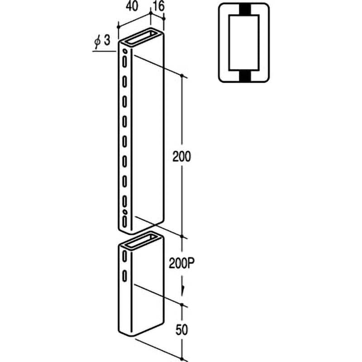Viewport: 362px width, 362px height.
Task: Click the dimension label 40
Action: [132, 6]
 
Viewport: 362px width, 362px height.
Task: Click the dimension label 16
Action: [159, 6]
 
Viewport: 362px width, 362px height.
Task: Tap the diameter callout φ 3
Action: [102, 41]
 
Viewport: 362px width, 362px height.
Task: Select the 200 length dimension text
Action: [182, 157]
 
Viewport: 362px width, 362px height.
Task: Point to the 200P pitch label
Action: [182, 263]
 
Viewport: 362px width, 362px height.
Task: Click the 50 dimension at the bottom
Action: [182, 330]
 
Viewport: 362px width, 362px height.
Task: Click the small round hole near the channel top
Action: [125, 51]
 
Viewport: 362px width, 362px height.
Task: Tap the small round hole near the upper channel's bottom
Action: [125, 211]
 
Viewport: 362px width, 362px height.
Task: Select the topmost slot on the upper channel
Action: [125, 62]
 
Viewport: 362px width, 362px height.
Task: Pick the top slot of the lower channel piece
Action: [125, 256]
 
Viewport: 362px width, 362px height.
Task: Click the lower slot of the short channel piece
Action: [125, 276]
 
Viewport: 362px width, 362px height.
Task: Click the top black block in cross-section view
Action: [245, 10]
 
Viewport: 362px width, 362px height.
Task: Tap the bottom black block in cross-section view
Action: [245, 76]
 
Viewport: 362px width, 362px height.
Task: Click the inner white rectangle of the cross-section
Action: [244, 43]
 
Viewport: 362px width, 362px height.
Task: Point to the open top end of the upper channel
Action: [141, 37]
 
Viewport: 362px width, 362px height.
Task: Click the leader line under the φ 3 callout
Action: [104, 51]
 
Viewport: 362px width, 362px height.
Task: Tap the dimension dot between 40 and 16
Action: [151, 14]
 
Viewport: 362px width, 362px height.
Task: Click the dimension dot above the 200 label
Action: [182, 76]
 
